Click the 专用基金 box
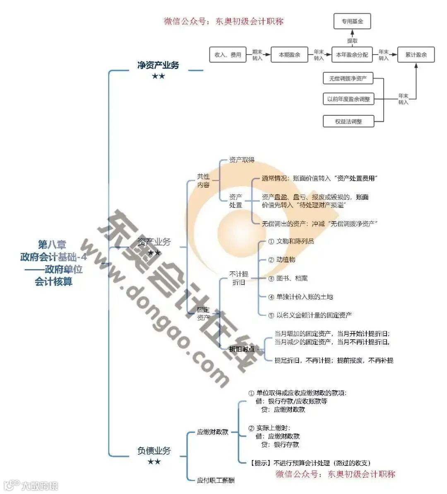(352, 21)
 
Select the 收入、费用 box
(228, 55)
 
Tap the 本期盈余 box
(289, 55)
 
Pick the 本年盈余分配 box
(352, 55)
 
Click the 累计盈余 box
(416, 55)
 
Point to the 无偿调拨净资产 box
(348, 78)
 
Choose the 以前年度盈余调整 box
(348, 99)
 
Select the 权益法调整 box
(348, 122)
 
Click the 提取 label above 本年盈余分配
(352, 41)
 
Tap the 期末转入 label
(257, 55)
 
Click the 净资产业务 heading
(158, 65)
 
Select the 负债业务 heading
(154, 451)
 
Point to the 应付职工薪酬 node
(216, 480)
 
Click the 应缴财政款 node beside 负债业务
(213, 432)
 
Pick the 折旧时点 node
(242, 349)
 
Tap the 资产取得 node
(242, 160)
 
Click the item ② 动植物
(282, 260)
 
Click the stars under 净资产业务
(158, 76)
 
